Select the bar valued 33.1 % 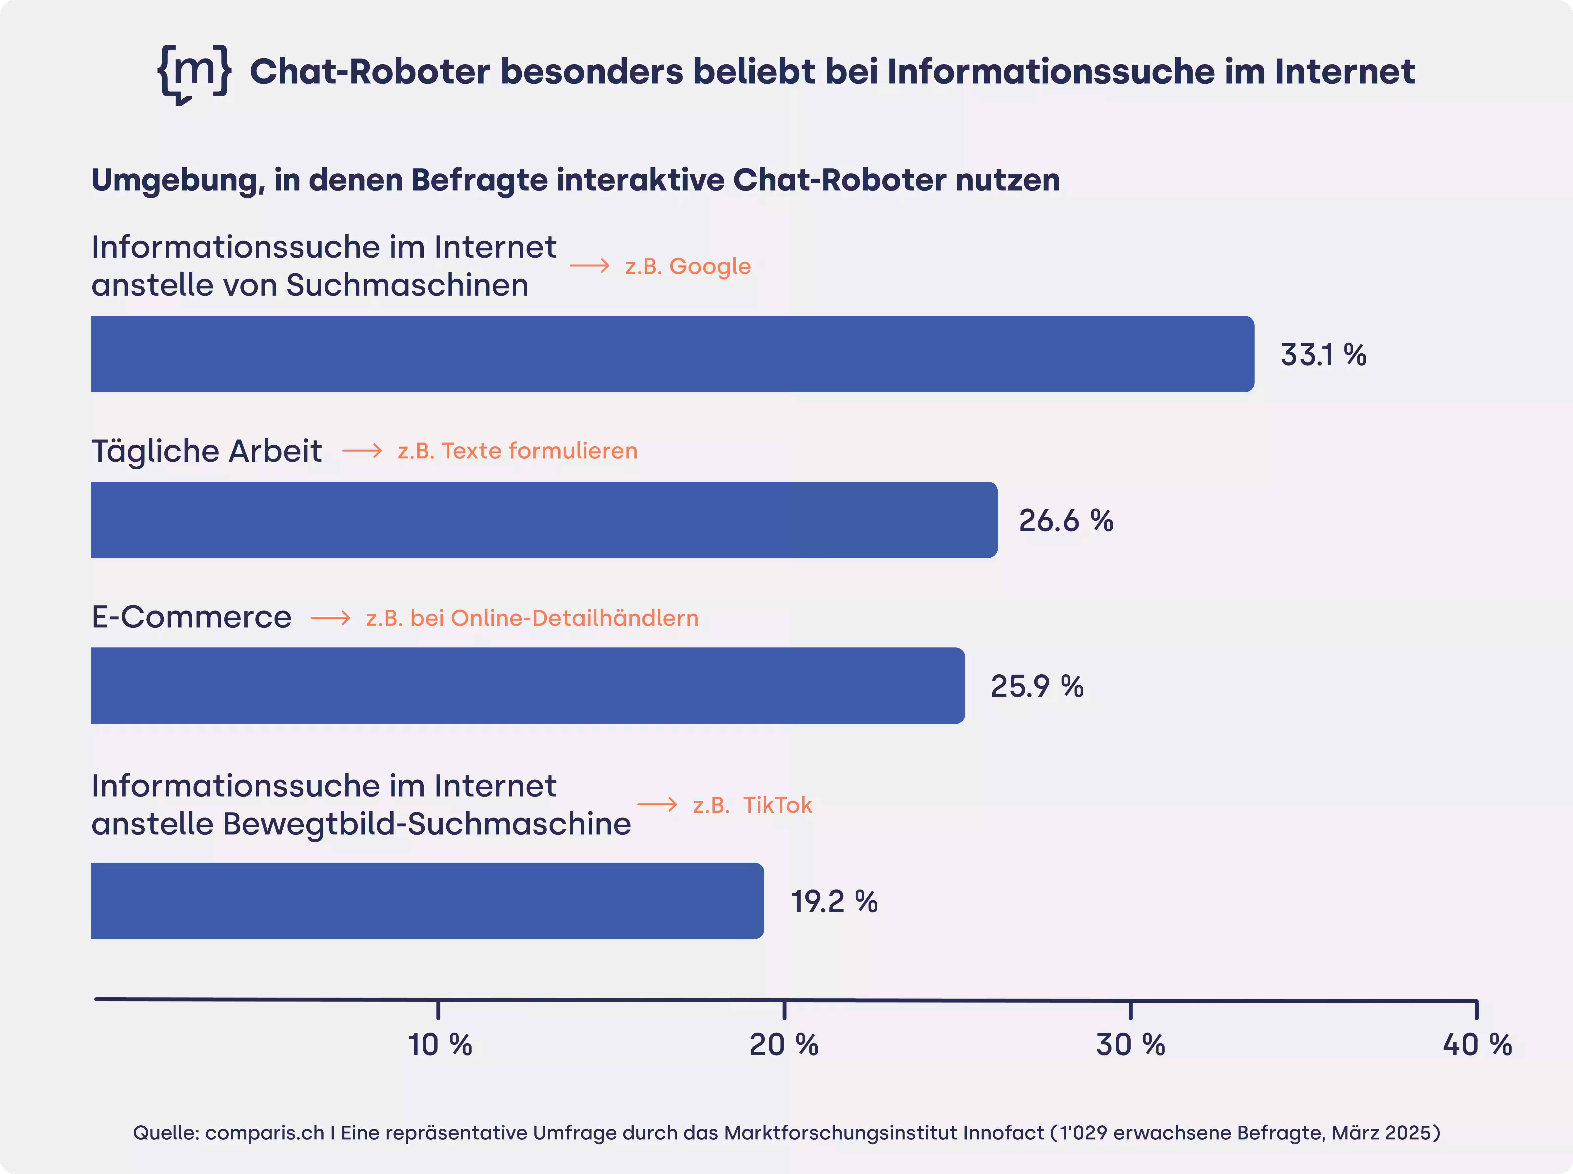click(672, 354)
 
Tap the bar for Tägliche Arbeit click(544, 519)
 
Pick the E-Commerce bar click(527, 686)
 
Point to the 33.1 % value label click(1323, 355)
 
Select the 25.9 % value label click(1037, 686)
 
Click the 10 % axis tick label click(439, 1045)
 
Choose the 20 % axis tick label click(784, 1045)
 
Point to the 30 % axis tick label click(1130, 1045)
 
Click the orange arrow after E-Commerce click(331, 618)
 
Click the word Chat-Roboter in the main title click(370, 72)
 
